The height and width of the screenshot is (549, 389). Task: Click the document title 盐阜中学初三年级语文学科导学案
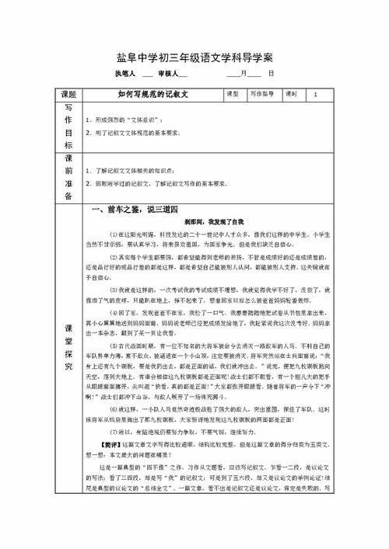tap(194, 58)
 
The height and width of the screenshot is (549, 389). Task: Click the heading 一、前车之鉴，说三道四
tap(135, 210)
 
